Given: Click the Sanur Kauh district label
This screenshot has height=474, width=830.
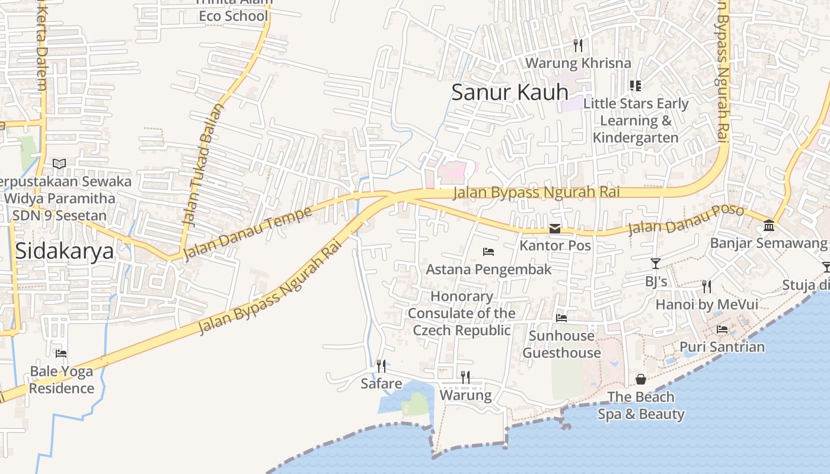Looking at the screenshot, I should pos(510,92).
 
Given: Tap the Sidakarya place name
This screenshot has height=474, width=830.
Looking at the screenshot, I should pos(64,251).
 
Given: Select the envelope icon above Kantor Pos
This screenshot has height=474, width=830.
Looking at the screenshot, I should pos(555,229).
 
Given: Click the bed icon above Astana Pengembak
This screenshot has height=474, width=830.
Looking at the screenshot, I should pos(489,252).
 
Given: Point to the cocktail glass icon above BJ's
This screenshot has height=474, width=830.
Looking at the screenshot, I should pos(656,264).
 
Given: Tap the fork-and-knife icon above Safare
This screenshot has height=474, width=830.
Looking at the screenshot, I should pos(381,366).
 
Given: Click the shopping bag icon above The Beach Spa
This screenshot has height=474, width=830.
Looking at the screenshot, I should pos(641,379).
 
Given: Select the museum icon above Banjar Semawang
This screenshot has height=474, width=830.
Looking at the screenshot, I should pos(769,226).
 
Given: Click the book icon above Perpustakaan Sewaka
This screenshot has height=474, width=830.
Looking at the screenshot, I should pos(59,164).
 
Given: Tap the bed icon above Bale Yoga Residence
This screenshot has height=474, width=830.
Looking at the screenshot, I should pos(61,354).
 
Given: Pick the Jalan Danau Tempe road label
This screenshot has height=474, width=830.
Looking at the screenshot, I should pos(248,233).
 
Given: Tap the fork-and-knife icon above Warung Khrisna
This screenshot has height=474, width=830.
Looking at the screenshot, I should pos(578,46).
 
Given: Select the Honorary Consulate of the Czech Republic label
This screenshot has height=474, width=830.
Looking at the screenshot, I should pos(461,313).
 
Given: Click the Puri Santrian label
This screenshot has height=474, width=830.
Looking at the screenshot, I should pos(722,347).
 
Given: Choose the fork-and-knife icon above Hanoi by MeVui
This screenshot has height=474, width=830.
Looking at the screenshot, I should pos(706,287).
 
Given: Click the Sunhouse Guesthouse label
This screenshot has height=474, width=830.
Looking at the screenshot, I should pos(561,344).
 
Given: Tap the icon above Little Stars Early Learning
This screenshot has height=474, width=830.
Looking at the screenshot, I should pos(636,86).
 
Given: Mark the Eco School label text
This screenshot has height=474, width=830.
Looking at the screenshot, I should pos(234,16).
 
